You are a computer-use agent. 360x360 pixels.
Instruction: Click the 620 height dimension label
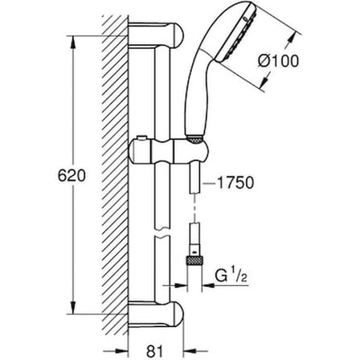coord(72,176)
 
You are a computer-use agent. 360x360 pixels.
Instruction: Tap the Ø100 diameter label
coord(278,61)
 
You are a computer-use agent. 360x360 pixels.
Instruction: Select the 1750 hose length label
coord(235,182)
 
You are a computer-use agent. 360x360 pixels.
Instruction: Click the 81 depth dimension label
coord(155,350)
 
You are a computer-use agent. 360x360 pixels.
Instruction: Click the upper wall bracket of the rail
coord(156,35)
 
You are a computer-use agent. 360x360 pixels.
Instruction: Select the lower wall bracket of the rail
coord(156,314)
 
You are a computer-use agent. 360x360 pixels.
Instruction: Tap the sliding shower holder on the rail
coord(168,152)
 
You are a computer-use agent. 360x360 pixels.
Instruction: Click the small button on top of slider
coord(141,138)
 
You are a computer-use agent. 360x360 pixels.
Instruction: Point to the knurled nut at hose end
coord(194,260)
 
